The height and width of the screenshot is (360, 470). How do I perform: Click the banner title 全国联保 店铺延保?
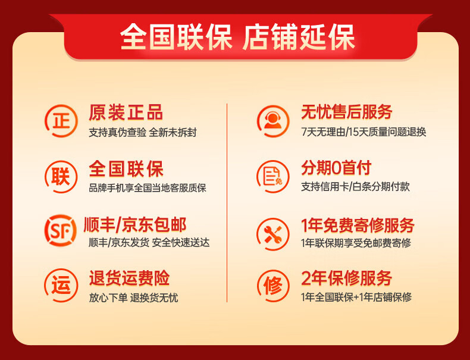click(x=237, y=37)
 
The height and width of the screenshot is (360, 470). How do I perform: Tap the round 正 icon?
click(x=61, y=121)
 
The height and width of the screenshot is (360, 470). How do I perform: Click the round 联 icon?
click(x=61, y=176)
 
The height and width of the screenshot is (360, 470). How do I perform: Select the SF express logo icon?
click(x=61, y=230)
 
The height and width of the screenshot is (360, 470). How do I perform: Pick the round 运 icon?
click(x=61, y=285)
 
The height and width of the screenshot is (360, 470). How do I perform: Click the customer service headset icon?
click(x=272, y=121)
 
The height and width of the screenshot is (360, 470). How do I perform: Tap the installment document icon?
click(x=272, y=176)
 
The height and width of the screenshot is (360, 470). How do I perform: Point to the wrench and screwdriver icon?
click(x=272, y=230)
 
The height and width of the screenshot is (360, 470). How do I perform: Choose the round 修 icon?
click(x=272, y=285)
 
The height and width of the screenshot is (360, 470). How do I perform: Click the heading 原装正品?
click(x=126, y=112)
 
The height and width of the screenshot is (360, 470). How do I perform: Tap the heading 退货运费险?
click(x=129, y=278)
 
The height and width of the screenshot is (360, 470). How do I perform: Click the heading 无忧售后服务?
click(x=347, y=112)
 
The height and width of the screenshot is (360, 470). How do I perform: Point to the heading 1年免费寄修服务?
click(x=358, y=225)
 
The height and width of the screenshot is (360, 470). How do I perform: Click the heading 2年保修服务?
click(x=347, y=278)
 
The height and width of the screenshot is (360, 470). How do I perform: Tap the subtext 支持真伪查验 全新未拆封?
click(x=142, y=132)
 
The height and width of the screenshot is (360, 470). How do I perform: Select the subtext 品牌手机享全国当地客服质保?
click(x=147, y=188)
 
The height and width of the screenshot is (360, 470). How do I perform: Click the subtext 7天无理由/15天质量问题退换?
click(x=364, y=132)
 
